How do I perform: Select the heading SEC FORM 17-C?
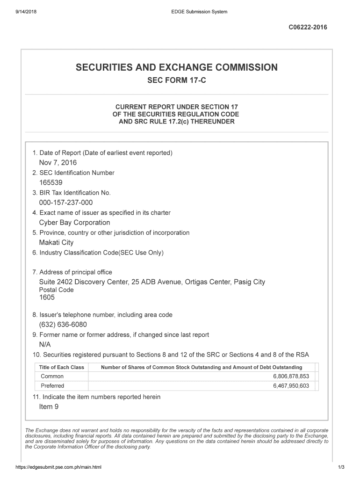pos(176,81)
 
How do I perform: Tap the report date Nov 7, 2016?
pos(58,163)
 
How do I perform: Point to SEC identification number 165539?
pos(50,183)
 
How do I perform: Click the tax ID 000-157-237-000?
pos(66,203)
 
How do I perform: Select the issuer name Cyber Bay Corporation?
pos(74,223)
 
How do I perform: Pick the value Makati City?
pos(56,242)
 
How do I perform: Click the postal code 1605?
pos(47,297)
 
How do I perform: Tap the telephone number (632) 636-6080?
pos(63,325)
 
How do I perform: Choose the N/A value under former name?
pos(45,344)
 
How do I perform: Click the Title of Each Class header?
pos(62,367)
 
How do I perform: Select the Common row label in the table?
pos(52,377)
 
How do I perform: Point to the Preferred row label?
pos(52,386)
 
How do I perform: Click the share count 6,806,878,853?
pos(291,377)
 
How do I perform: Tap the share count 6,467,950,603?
pos(291,386)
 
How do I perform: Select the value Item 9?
pos(49,406)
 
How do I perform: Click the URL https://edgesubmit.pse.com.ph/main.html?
pos(58,467)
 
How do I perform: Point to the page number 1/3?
pos(341,467)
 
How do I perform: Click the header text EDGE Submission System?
pos(199,12)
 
